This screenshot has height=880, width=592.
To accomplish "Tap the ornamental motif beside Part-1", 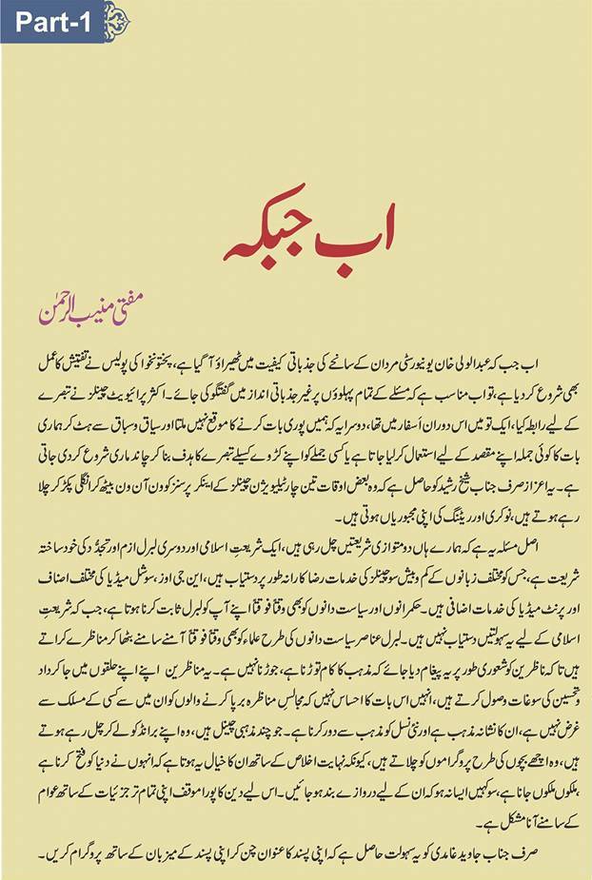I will click(x=116, y=20).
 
